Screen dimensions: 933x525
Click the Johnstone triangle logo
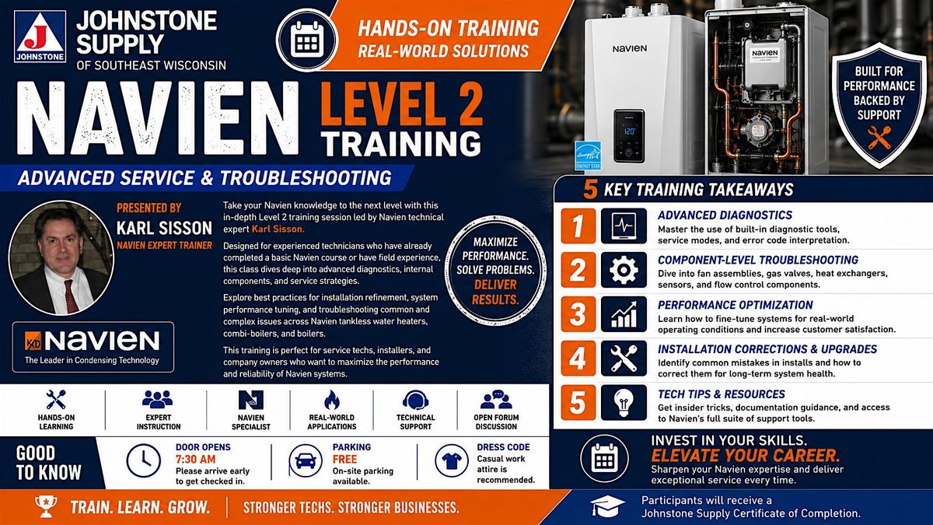tap(40, 37)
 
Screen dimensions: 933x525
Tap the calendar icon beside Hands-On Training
tap(307, 40)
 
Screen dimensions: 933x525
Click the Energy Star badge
tap(588, 156)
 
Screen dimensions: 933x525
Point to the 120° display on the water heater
tap(629, 131)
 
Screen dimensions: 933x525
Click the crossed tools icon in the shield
tap(879, 138)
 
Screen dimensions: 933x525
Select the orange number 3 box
tap(578, 314)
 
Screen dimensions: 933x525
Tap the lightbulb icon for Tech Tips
tap(624, 403)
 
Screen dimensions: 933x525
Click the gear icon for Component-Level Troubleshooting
tap(624, 270)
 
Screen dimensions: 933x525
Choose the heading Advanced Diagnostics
tap(725, 215)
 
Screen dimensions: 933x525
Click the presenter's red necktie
tap(71, 296)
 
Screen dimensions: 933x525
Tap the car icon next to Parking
tap(306, 460)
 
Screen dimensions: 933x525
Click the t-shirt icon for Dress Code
tap(452, 460)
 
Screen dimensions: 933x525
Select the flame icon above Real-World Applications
tap(332, 400)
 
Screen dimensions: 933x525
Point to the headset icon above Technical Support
tap(416, 401)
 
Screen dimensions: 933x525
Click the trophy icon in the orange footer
tap(46, 506)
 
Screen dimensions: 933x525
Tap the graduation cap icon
tap(608, 506)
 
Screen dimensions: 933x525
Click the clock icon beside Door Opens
tap(143, 460)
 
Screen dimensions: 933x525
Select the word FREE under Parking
tap(344, 459)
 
